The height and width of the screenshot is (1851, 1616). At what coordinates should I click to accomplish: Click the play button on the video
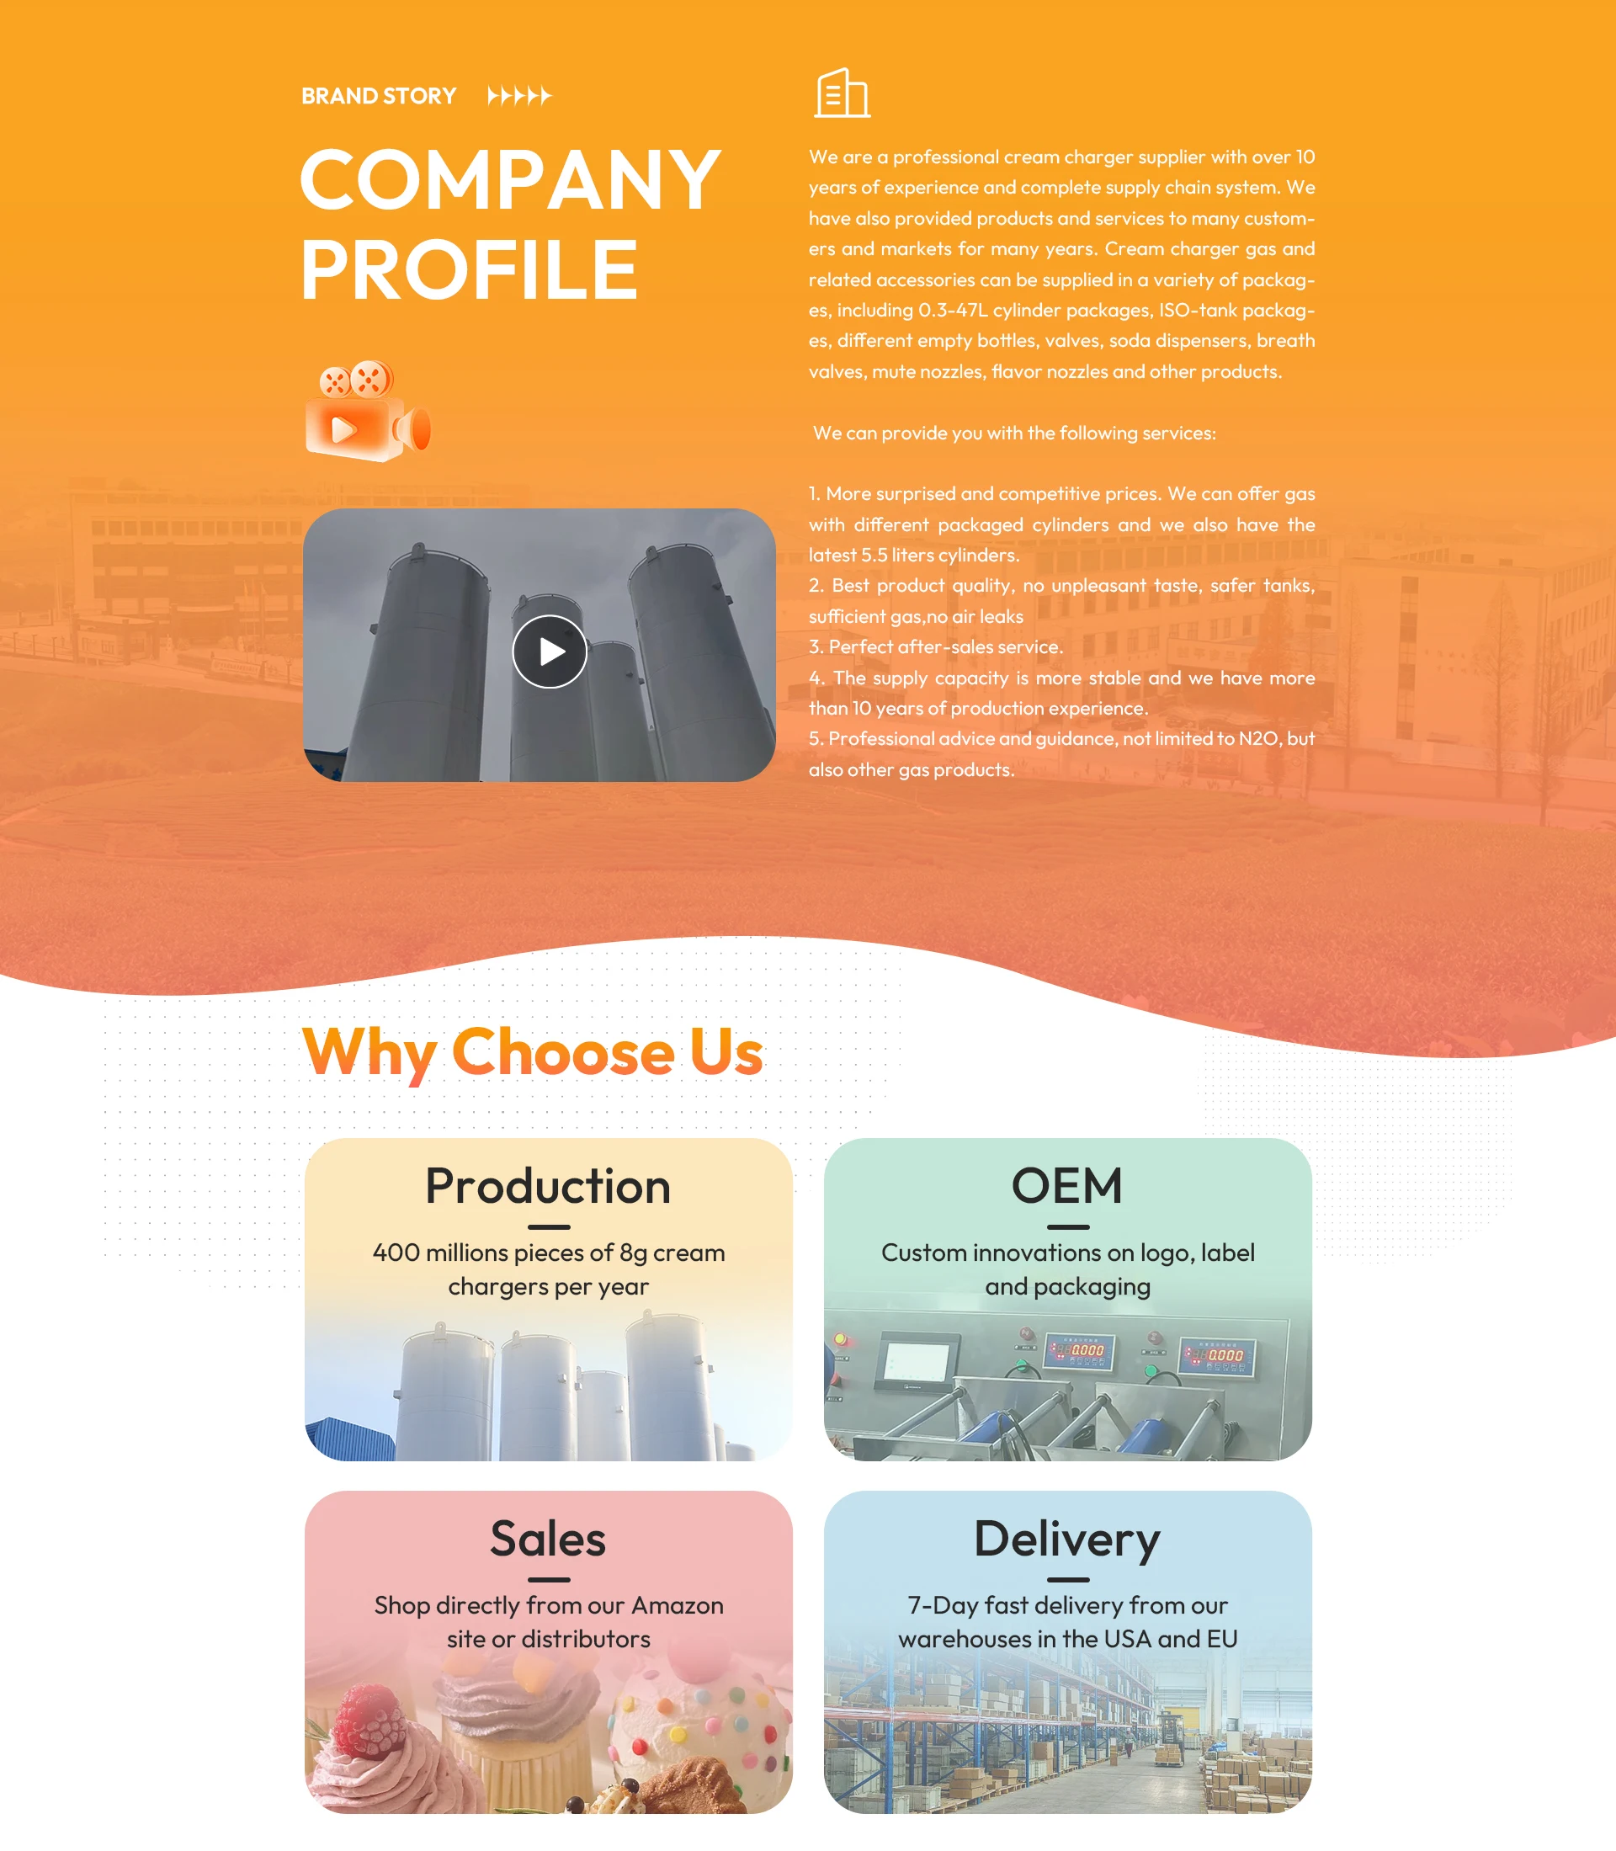[x=549, y=652]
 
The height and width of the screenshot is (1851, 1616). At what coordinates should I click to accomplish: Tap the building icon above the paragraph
[x=843, y=93]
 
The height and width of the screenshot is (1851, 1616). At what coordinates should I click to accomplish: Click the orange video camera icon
[x=367, y=412]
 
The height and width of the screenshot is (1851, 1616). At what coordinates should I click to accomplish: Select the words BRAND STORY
[x=379, y=96]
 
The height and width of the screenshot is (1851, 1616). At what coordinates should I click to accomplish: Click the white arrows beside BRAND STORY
[x=518, y=96]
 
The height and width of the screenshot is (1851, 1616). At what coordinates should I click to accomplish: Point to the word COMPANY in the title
[x=509, y=179]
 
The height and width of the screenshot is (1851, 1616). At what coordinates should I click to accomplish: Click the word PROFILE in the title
[x=469, y=269]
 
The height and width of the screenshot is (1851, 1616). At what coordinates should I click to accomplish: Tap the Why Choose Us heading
[x=532, y=1052]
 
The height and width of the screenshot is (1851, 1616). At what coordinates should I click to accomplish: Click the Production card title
[x=548, y=1185]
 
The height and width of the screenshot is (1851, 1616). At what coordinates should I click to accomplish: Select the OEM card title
[x=1067, y=1185]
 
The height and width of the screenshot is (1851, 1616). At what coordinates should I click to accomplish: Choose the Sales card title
[x=548, y=1538]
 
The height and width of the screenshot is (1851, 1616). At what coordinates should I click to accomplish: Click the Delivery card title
[x=1067, y=1538]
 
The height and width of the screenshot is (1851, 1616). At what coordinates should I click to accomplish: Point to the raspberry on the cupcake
[x=369, y=1721]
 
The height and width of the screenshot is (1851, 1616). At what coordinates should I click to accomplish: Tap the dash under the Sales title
[x=548, y=1579]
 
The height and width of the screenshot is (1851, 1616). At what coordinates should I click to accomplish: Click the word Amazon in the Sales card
[x=677, y=1606]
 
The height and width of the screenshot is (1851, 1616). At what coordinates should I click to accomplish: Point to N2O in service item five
[x=1258, y=739]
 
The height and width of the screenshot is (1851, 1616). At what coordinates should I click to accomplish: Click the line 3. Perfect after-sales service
[x=936, y=646]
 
